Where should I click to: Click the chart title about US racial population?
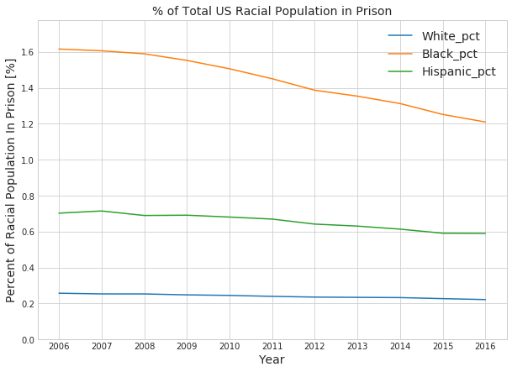point(272,11)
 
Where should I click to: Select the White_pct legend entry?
point(451,36)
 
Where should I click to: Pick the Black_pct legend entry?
point(449,54)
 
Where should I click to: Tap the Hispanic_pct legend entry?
point(458,71)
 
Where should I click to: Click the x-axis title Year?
point(272,360)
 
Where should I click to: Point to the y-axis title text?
point(11,180)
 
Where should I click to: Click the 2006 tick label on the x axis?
point(59,346)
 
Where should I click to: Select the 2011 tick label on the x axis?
point(272,346)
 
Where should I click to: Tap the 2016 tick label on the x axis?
point(485,346)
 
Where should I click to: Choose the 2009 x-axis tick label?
point(187,346)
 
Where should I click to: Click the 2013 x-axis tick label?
point(357,346)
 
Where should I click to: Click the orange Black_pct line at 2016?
point(485,122)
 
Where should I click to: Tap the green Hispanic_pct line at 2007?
point(102,211)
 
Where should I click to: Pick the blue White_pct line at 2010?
point(230,296)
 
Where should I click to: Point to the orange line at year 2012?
point(314,90)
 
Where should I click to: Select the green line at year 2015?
point(442,233)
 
